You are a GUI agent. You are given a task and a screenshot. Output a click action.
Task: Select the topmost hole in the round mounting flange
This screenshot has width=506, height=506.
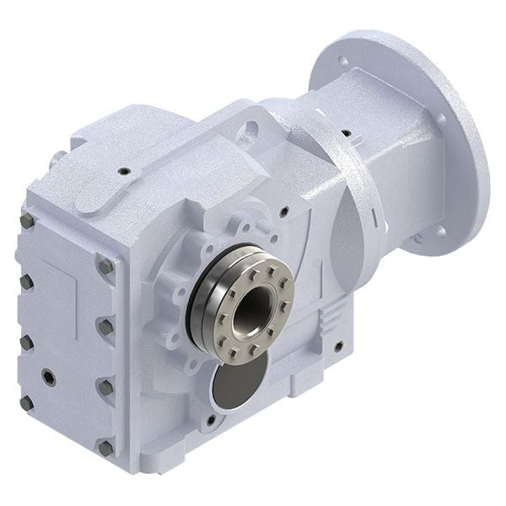coord(340,61)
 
